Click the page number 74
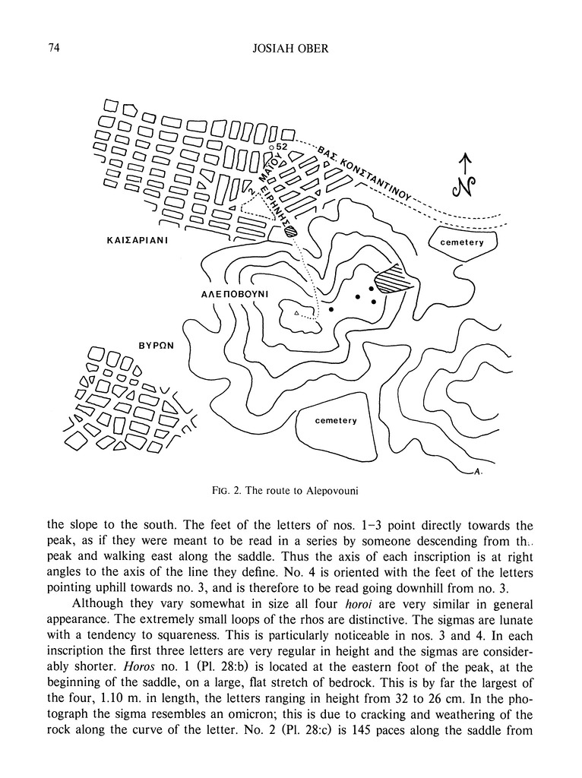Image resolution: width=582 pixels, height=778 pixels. pos(52,49)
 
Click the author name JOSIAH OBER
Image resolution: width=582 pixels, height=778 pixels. pos(291,49)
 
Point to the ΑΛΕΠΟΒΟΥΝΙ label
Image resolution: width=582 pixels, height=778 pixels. pos(229,292)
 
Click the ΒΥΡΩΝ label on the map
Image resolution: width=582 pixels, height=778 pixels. pos(157,344)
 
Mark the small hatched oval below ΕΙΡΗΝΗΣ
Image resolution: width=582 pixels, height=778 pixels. pos(291,233)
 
